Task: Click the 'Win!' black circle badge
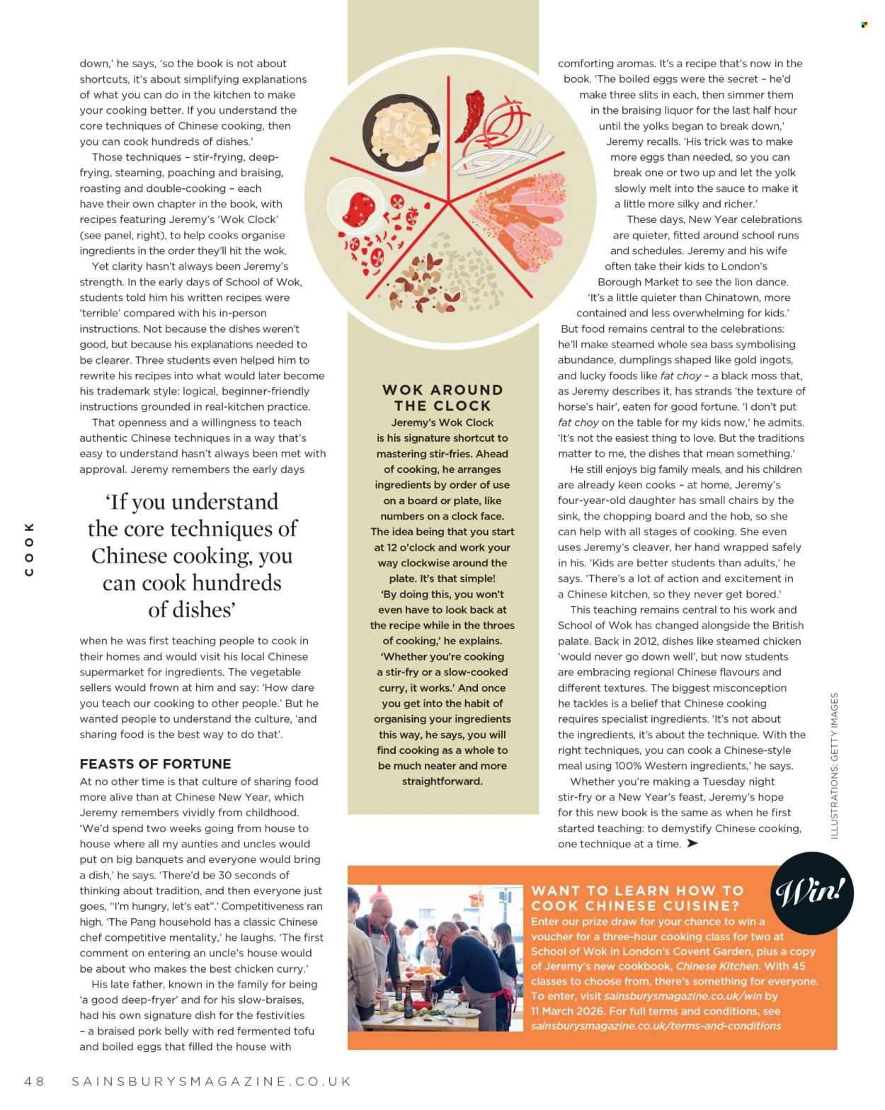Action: (811, 893)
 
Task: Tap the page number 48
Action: (34, 1081)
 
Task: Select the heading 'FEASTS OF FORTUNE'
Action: (155, 764)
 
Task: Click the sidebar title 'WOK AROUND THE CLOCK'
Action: (442, 398)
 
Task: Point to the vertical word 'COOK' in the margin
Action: (29, 549)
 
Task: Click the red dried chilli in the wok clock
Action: (470, 115)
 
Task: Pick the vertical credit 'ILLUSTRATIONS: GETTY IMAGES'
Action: (834, 765)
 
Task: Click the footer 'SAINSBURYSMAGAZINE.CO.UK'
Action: (211, 1081)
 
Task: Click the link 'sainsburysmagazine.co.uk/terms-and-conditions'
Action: (656, 1026)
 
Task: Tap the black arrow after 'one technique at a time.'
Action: (692, 843)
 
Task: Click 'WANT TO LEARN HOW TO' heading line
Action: (637, 891)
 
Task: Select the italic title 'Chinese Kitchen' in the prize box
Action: (716, 966)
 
